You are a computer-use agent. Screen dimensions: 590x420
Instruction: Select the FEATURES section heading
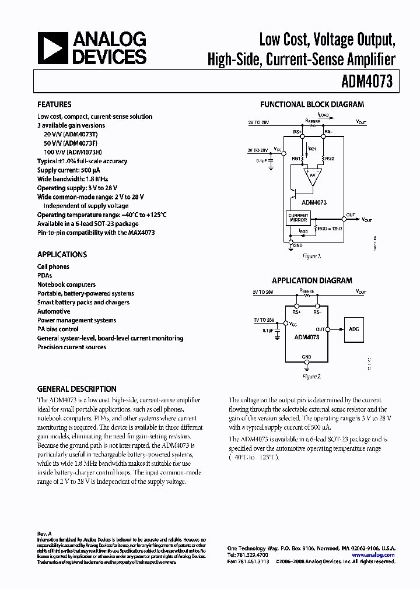click(x=54, y=104)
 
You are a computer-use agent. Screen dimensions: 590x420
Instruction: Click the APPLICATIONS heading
click(x=62, y=254)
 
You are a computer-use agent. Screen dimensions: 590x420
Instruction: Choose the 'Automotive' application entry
click(x=54, y=311)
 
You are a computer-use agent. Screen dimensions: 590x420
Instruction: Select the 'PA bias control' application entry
click(x=58, y=329)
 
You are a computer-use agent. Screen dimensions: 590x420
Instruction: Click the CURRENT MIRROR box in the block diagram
click(x=298, y=218)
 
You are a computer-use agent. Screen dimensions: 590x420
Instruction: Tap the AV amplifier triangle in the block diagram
click(x=312, y=177)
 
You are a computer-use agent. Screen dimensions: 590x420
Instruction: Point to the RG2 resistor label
click(x=330, y=159)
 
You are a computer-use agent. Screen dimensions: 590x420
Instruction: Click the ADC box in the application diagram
click(x=353, y=330)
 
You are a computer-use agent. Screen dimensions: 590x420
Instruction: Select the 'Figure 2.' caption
click(x=312, y=377)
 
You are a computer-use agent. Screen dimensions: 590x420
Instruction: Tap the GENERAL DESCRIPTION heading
click(x=76, y=389)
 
